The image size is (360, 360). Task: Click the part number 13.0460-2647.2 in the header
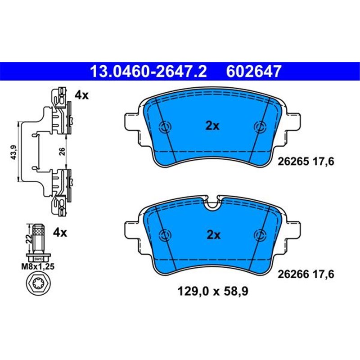tap(148, 71)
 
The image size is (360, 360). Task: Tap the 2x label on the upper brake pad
tap(212, 126)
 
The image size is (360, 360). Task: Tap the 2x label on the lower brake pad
tap(212, 234)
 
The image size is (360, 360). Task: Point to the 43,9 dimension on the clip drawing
tap(13, 153)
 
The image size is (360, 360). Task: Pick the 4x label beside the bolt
tap(60, 233)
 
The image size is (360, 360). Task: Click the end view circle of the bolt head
tap(38, 284)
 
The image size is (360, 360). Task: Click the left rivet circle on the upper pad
tap(165, 126)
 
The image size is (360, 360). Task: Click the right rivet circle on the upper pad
tap(260, 126)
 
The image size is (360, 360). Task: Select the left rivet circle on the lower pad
tap(165, 234)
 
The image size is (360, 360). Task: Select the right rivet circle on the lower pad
tap(260, 234)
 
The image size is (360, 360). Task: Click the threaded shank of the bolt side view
tap(39, 238)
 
